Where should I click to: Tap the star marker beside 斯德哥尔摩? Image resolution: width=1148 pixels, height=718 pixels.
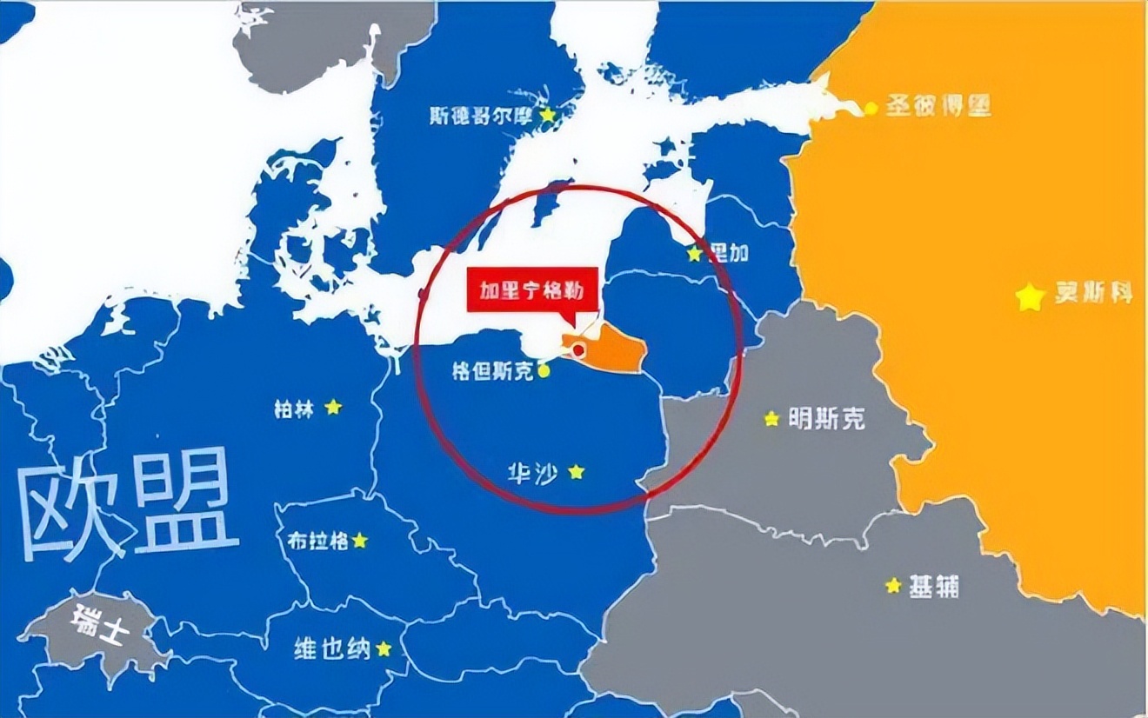(548, 115)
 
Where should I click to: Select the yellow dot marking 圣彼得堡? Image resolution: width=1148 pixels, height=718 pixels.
(871, 108)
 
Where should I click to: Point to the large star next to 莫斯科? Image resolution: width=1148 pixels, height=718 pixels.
(1030, 297)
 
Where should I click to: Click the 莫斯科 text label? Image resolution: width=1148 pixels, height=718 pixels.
(1094, 293)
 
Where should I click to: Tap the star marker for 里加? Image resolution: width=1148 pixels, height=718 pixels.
(694, 254)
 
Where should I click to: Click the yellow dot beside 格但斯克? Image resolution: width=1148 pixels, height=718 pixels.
(544, 371)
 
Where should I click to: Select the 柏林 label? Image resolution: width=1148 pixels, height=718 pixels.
(293, 409)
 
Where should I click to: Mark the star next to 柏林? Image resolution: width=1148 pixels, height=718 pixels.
(333, 407)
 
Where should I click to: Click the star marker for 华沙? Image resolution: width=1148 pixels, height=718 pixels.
(576, 472)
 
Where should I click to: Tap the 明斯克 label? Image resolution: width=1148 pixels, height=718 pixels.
(826, 419)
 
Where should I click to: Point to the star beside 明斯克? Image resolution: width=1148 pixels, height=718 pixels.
(771, 419)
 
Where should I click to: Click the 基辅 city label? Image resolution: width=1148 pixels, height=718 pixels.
(934, 587)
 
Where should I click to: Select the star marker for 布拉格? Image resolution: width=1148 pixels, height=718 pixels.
(359, 541)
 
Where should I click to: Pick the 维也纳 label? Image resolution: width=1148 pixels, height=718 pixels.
(332, 648)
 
